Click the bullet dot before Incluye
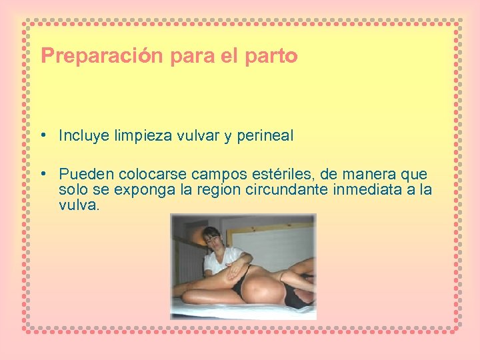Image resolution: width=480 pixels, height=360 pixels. point(42,135)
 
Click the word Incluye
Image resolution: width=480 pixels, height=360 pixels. point(84,136)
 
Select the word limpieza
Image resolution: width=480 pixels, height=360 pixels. point(143,136)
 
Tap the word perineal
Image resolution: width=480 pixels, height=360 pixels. point(265,136)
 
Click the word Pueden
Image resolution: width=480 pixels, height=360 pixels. point(87,175)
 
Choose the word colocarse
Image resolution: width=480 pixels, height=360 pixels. point(153,175)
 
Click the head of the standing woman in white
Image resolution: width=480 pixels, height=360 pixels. point(212,237)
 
